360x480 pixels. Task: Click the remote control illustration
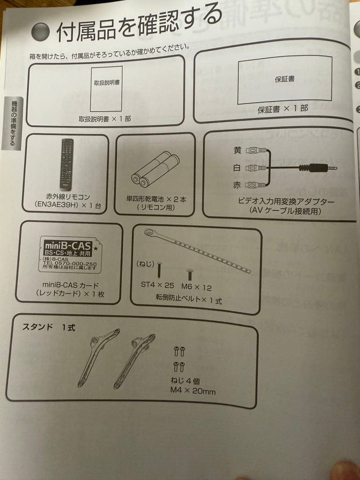click(x=67, y=164)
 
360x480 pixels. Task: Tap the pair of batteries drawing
click(x=155, y=170)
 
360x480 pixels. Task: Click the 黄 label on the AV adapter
click(x=237, y=151)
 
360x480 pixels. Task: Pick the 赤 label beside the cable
click(x=237, y=185)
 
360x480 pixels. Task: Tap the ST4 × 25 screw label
click(x=157, y=284)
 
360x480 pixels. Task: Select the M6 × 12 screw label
click(x=197, y=287)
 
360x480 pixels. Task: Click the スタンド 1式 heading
click(x=49, y=328)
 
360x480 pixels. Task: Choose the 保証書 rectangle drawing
click(x=284, y=80)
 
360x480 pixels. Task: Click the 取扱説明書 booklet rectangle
click(x=107, y=89)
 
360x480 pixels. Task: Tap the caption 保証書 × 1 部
click(x=283, y=109)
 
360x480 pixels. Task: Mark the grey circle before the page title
click(x=41, y=32)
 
